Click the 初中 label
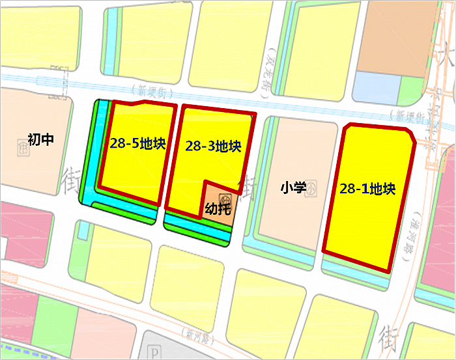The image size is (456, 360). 40,139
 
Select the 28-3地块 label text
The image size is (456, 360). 213,146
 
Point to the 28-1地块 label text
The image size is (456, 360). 367,189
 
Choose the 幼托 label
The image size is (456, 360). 218,209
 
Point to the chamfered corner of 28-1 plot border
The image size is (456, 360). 410,135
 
